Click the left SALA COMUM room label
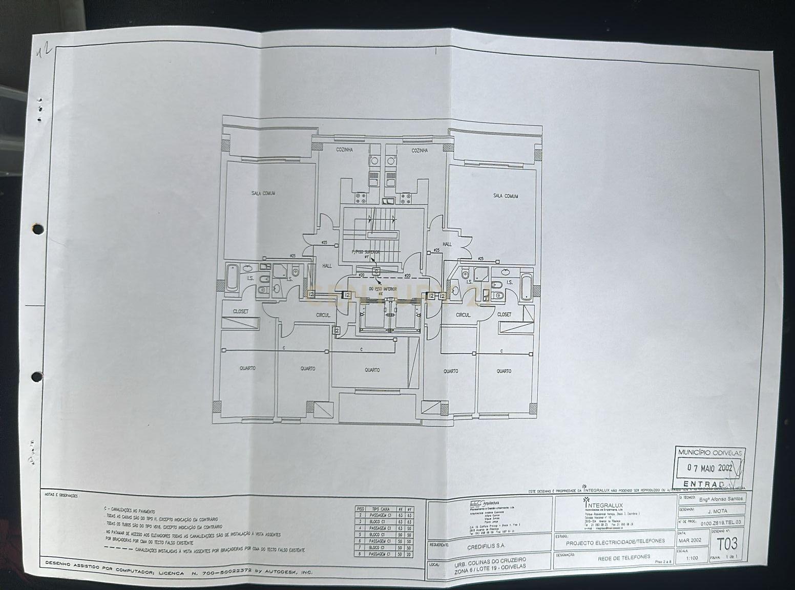263,193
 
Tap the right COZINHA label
420,151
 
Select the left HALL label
327,266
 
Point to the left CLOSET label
241,311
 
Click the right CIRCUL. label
463,315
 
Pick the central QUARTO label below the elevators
372,370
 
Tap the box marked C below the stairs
376,271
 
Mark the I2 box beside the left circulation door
337,331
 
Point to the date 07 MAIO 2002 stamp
710,468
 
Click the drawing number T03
727,542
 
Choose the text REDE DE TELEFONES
623,557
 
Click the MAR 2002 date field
689,540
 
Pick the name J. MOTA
717,511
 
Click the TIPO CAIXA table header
382,509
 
